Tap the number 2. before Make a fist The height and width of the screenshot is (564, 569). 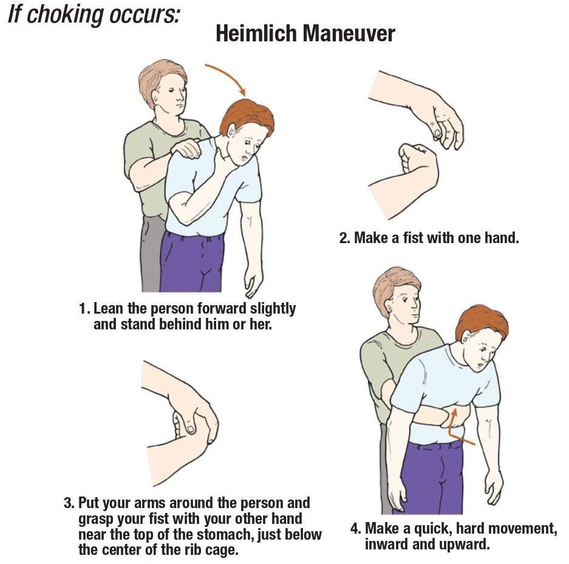[x=344, y=238]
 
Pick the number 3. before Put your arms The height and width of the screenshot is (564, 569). [x=69, y=504]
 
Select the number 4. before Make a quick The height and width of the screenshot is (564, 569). [x=356, y=529]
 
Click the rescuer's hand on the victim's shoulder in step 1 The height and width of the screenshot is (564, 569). [x=186, y=148]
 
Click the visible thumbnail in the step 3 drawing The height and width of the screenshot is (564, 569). [x=191, y=430]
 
